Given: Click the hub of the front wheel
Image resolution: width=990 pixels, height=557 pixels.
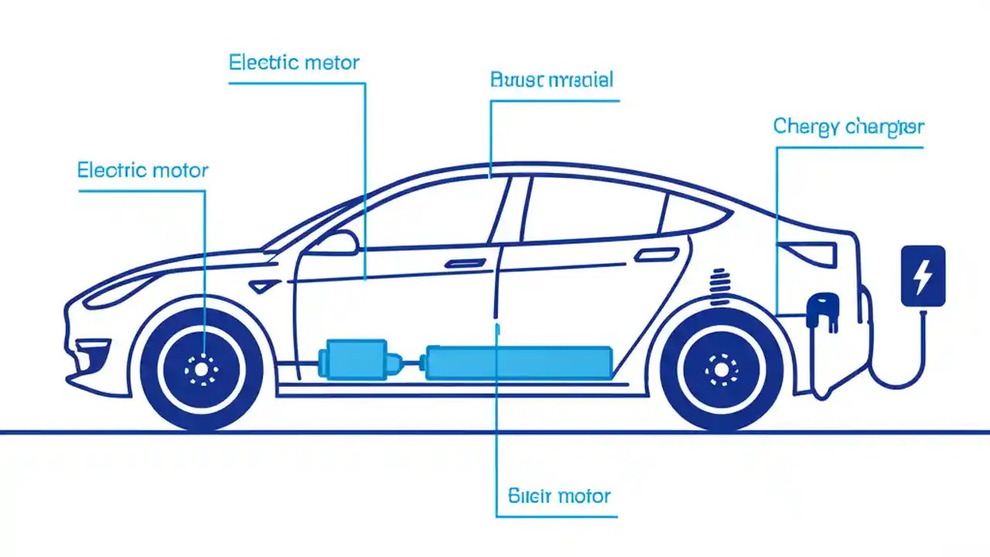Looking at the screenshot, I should point(202,371).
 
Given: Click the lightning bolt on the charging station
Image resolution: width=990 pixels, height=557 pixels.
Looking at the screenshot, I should point(923,276).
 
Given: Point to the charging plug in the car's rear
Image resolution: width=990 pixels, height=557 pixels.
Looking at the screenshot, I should point(820,309).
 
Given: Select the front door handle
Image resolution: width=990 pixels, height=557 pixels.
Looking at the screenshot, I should point(461,264).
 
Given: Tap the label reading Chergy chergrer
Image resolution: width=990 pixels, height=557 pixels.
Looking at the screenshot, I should point(848,127).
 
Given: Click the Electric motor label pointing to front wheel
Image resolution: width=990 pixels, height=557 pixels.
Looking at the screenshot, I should point(142,170).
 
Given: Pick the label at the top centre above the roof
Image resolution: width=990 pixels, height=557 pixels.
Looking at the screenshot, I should point(551,80).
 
